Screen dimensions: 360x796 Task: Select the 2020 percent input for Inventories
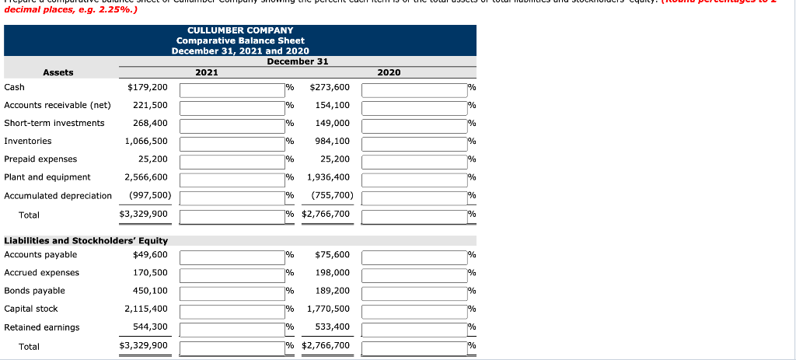click(414, 142)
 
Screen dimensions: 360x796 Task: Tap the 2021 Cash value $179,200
click(147, 87)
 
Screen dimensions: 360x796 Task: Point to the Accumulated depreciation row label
click(58, 195)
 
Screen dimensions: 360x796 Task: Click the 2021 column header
click(207, 72)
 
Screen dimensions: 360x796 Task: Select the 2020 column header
click(389, 72)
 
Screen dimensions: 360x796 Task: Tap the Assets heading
click(58, 72)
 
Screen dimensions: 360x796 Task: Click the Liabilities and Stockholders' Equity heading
click(86, 241)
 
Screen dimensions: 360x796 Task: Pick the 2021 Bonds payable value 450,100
click(150, 291)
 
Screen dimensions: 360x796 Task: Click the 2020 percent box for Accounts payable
click(414, 255)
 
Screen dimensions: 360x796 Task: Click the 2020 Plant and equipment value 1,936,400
click(329, 177)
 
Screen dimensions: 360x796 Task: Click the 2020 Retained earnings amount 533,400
click(333, 327)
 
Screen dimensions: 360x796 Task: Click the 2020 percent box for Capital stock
click(414, 309)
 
